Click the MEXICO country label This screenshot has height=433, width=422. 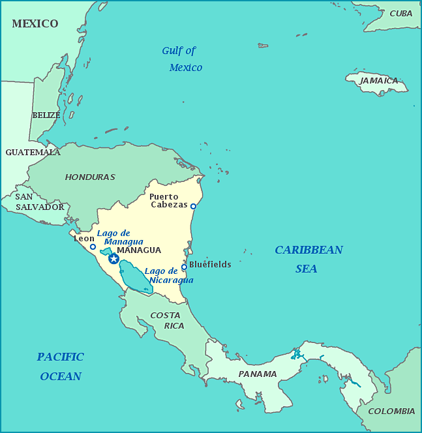point(35,24)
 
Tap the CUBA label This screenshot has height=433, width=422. point(401,14)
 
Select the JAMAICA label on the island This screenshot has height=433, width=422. point(379,81)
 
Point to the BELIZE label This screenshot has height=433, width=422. point(46,115)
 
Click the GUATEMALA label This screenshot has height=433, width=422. point(33,153)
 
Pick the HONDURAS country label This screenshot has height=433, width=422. point(90,177)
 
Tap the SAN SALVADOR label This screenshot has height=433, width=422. point(39,202)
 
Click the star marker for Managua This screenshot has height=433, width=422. point(113,259)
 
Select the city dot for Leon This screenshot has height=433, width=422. point(93,246)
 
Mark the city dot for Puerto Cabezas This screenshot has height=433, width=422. point(193,206)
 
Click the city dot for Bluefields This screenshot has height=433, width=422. point(184,266)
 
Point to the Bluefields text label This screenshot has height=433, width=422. point(210,265)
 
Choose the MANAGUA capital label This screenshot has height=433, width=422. point(138,250)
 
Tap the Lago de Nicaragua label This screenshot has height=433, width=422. point(170,276)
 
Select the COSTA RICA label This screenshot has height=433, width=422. point(166,320)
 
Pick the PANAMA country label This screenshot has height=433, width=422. point(257,374)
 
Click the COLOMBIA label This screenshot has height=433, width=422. point(391,411)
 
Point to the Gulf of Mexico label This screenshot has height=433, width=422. point(182,59)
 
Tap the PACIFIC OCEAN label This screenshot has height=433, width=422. point(61,366)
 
